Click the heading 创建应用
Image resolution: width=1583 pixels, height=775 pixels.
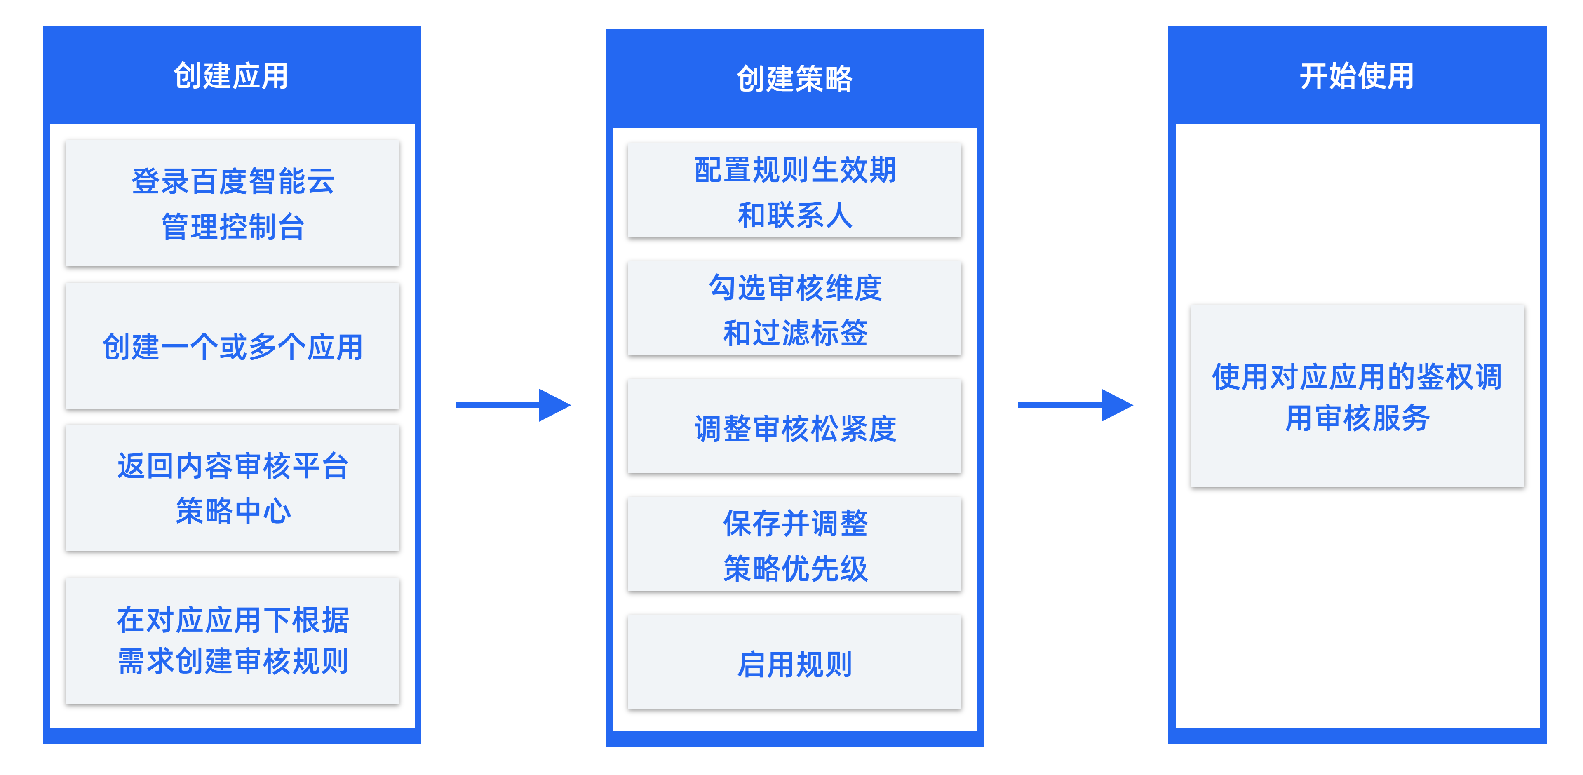pyautogui.click(x=231, y=76)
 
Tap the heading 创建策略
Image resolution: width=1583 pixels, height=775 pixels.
pyautogui.click(x=794, y=79)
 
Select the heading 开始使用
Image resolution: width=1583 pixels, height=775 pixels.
pyautogui.click(x=1357, y=76)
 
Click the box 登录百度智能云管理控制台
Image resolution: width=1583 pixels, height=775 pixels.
pyautogui.click(x=232, y=203)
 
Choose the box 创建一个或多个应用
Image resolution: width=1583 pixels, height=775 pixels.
pyautogui.click(x=232, y=346)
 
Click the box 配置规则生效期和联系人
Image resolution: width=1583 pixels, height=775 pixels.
pyautogui.click(x=794, y=190)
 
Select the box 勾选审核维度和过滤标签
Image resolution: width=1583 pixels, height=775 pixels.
pyautogui.click(x=794, y=308)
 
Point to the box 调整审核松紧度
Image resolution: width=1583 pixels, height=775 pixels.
pyautogui.click(x=794, y=427)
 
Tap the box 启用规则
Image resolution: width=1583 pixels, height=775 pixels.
pyautogui.click(x=794, y=662)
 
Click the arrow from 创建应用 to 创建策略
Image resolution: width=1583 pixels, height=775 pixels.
pyautogui.click(x=513, y=405)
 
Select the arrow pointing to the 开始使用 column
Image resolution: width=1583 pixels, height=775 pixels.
pyautogui.click(x=1076, y=405)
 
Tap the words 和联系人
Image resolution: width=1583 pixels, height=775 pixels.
pyautogui.click(x=794, y=215)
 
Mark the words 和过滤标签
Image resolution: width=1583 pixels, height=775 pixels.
pyautogui.click(x=794, y=333)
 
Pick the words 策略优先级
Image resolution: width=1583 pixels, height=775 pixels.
pyautogui.click(x=794, y=568)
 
